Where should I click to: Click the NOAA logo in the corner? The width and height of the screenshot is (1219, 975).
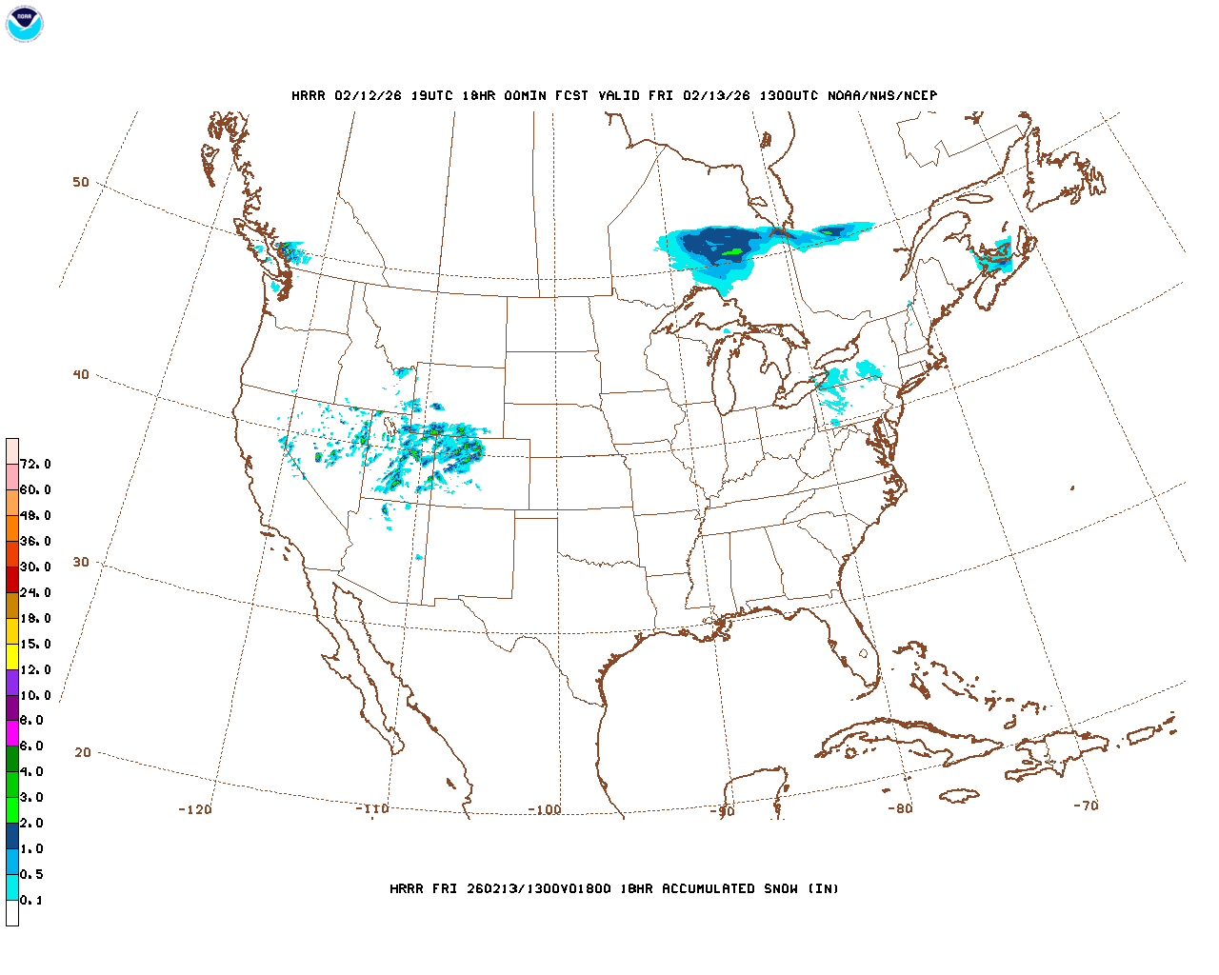pos(24,24)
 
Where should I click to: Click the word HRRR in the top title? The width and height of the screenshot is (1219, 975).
pos(309,96)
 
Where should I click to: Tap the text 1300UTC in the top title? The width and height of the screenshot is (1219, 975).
pos(789,96)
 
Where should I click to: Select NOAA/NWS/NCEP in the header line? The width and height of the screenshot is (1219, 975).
pos(882,96)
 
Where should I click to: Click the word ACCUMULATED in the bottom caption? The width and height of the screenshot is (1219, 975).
pos(709,889)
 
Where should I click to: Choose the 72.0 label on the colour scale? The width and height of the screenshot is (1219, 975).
pos(35,465)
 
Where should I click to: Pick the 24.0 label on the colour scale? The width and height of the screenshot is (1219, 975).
pos(35,593)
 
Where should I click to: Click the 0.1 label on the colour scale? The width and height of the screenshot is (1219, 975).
pos(31,901)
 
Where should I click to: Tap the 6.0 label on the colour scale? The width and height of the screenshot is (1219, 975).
pos(31,746)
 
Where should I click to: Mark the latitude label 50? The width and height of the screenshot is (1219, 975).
pos(81,183)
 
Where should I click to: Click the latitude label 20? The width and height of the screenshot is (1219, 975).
pos(83,753)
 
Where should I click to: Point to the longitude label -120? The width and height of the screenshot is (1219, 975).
pos(195,810)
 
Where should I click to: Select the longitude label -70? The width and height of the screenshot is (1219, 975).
pos(1086,806)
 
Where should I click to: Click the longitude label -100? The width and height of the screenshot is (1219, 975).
pos(545,810)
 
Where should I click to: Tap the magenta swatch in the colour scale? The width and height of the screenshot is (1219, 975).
pos(12,733)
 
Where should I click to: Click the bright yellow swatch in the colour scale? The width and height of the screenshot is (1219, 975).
pos(12,656)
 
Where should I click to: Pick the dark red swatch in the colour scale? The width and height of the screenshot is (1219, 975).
pos(12,579)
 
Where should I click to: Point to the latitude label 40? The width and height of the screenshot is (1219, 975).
pos(81,375)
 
